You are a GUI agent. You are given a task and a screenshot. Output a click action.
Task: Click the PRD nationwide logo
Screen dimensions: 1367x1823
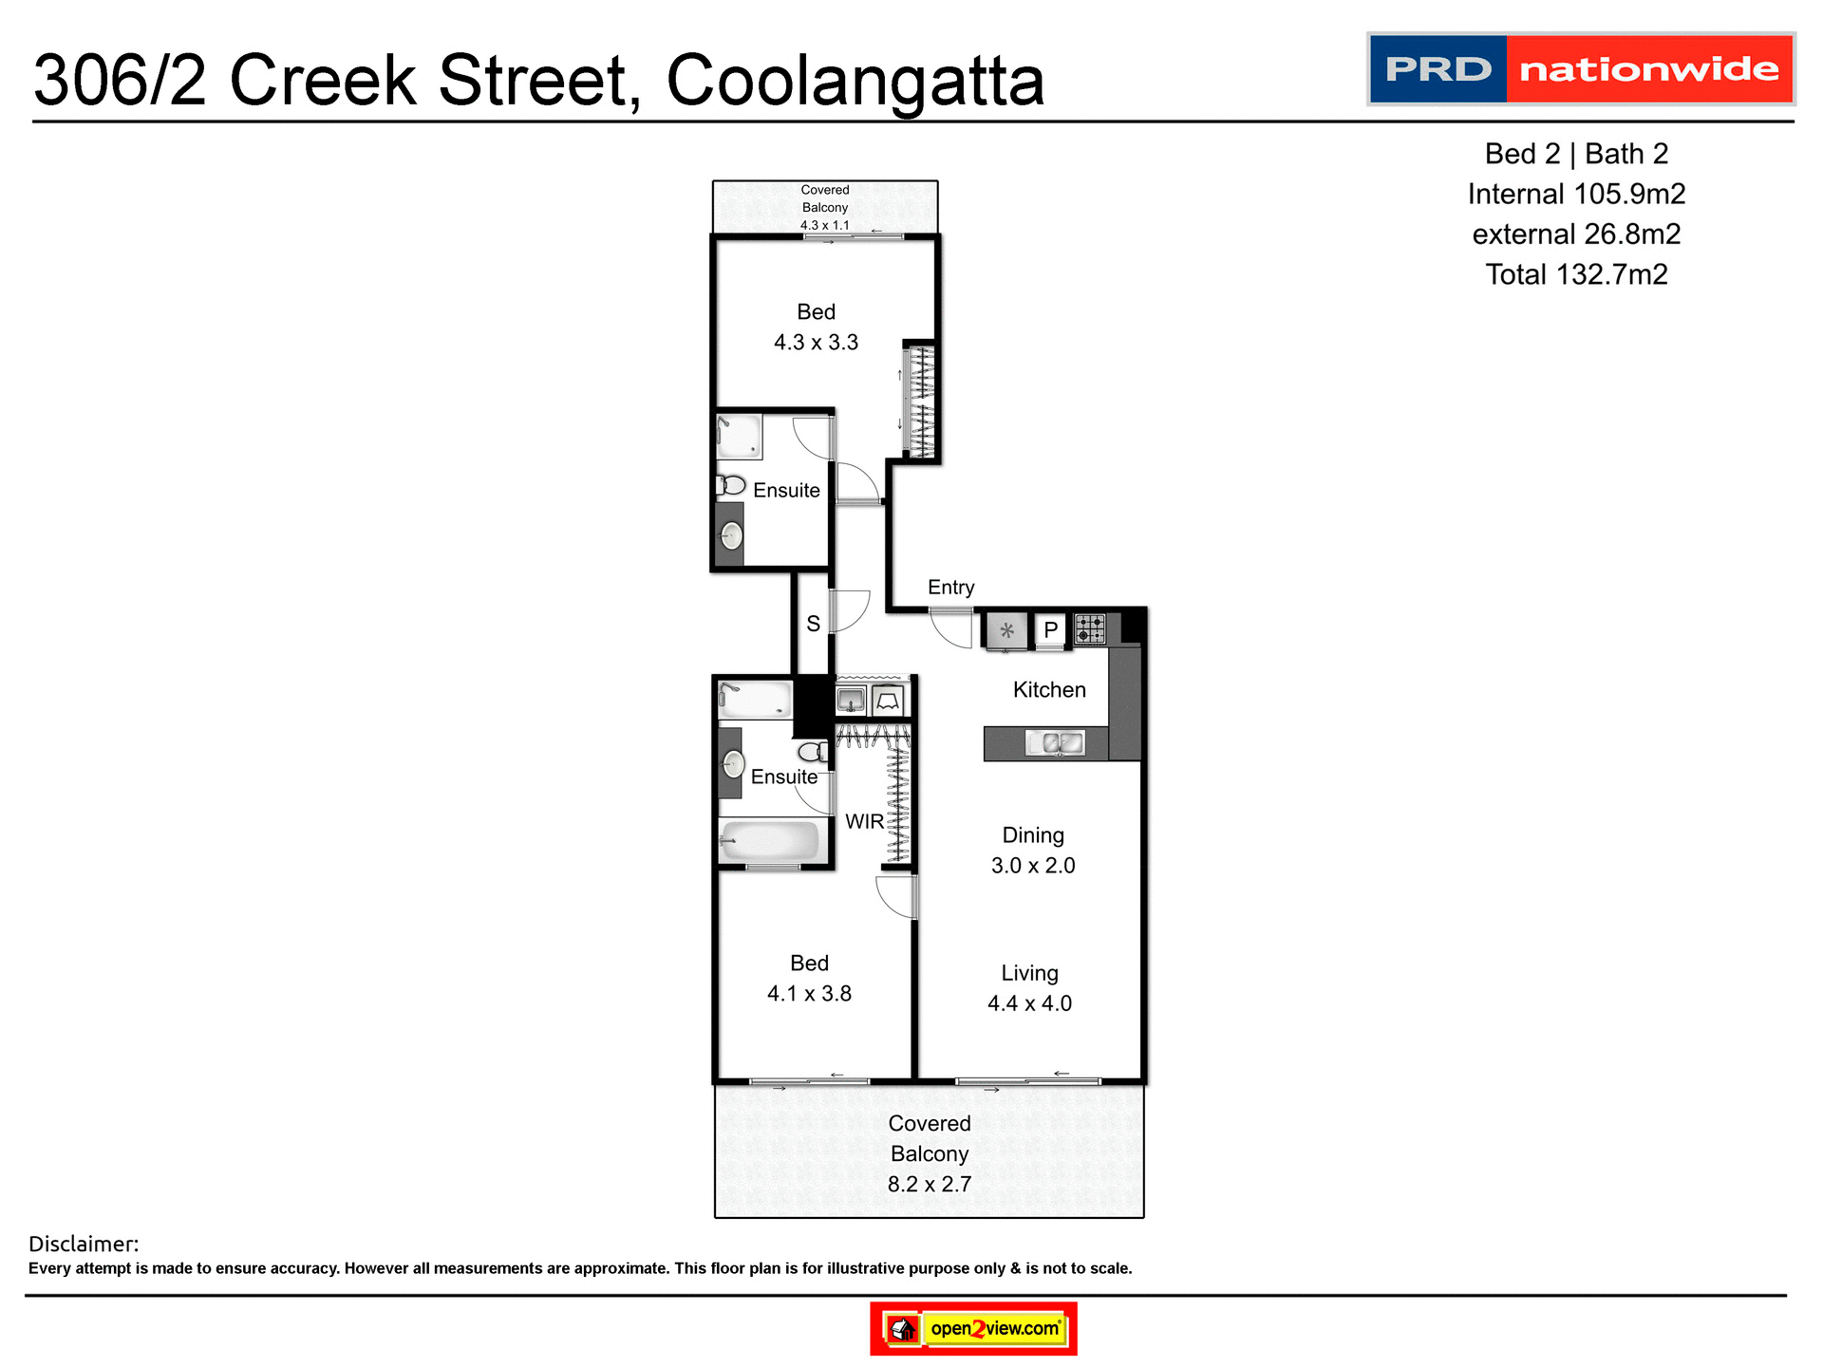click(1580, 69)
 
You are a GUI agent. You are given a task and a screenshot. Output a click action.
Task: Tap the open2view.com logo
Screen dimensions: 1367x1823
click(973, 1328)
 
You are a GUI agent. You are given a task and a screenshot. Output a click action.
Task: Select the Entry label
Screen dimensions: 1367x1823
click(950, 588)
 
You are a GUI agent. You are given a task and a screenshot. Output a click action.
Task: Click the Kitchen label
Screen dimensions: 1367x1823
click(1048, 690)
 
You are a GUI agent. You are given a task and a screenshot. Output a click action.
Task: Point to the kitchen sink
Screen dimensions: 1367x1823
click(1054, 743)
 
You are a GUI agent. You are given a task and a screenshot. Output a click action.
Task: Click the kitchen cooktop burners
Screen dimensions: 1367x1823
click(1089, 628)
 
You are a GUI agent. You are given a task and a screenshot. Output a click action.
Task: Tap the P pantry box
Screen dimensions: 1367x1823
click(1050, 630)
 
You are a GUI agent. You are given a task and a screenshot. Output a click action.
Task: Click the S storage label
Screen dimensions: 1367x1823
click(813, 624)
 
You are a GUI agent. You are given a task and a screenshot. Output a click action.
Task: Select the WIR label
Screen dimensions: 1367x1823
click(864, 822)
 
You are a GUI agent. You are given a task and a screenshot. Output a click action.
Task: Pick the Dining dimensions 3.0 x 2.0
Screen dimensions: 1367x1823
click(1033, 866)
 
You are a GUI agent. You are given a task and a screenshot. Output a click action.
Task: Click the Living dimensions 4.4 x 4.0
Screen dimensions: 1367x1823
click(1029, 1003)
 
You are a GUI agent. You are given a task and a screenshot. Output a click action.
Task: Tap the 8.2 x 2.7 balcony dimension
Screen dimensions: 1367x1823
click(929, 1185)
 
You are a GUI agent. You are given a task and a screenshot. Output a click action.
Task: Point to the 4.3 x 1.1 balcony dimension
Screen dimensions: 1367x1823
click(824, 225)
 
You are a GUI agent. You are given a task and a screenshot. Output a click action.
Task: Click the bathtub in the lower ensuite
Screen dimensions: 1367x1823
click(770, 841)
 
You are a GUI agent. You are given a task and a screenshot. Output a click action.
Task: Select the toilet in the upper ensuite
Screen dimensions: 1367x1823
click(730, 485)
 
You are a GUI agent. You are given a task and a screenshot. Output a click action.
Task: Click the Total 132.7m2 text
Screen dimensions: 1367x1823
click(1576, 275)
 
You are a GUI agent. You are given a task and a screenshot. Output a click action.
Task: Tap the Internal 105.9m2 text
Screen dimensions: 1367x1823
click(1576, 195)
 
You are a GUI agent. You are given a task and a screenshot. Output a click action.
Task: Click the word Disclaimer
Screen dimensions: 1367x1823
click(84, 1244)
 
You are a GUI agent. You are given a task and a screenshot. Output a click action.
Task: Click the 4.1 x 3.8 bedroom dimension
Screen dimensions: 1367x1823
click(809, 994)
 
